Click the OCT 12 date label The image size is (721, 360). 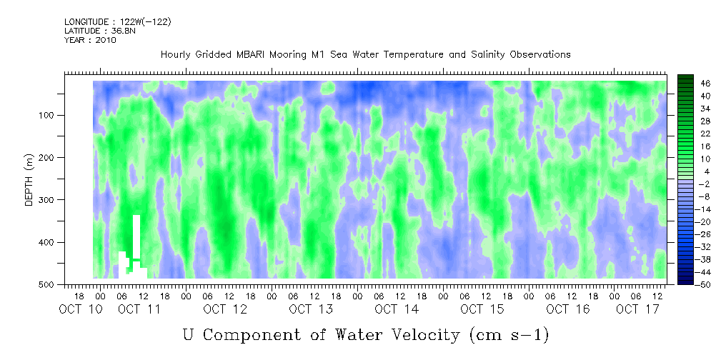click(x=225, y=309)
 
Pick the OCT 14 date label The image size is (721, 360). click(x=397, y=309)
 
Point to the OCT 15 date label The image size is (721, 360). click(x=482, y=309)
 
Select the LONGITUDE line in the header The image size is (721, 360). click(x=118, y=22)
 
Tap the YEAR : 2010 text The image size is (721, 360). click(x=90, y=40)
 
